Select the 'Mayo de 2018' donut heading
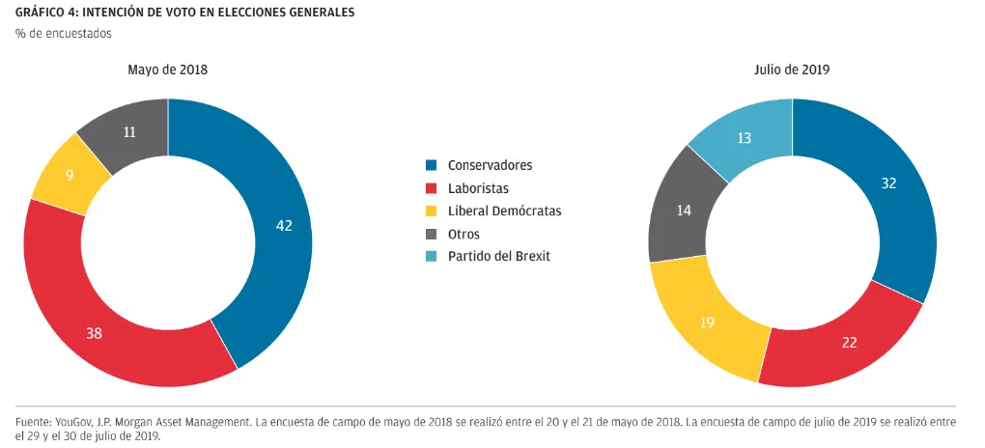point(168,70)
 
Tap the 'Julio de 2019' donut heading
point(792,70)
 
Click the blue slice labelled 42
point(282,227)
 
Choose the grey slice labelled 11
point(129,133)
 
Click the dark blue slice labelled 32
point(887,183)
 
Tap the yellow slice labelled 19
point(707,321)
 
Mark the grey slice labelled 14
point(684,210)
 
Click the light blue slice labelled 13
point(745,138)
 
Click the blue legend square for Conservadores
point(432,165)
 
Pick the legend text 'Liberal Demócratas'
point(505,210)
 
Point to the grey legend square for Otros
point(432,234)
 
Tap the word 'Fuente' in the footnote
point(35,423)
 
